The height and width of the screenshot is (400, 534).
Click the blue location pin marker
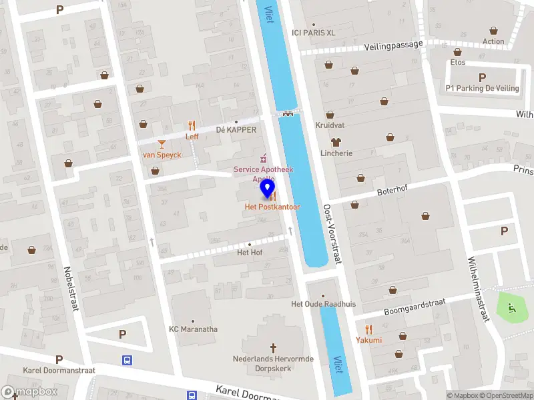coord(268,188)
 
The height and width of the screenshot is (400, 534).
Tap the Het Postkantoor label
coord(272,207)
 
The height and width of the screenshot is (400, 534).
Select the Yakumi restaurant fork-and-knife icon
coord(368,329)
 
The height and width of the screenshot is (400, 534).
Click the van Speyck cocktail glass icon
coord(161,143)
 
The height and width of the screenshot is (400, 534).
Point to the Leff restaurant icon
coord(192,125)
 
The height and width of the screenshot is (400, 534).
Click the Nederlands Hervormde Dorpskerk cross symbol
coord(273,347)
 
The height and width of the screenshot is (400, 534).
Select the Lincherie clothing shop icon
coord(335,141)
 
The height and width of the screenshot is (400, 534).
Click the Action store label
coord(493,41)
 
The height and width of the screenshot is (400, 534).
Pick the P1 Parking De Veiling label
coord(482,88)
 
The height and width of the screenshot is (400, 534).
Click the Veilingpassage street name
coord(394,45)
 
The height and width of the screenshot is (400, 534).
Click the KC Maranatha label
coord(193,329)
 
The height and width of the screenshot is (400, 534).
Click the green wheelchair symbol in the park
coord(512,308)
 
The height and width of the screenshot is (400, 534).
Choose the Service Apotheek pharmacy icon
coord(264,157)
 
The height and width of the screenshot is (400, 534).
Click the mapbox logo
coord(29,392)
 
